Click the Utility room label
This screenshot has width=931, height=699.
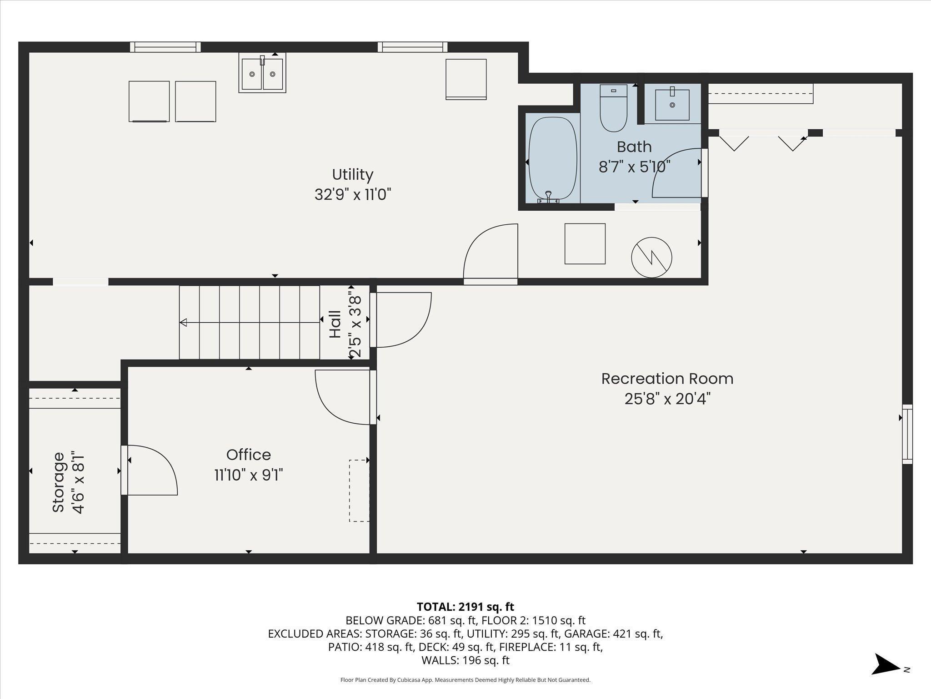(353, 175)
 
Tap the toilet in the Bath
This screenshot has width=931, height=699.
(613, 108)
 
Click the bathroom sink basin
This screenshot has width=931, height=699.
(672, 105)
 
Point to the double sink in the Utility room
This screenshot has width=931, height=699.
(262, 73)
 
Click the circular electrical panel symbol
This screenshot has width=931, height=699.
(651, 257)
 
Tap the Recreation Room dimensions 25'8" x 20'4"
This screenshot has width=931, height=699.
(667, 399)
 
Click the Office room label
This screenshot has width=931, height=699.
(249, 455)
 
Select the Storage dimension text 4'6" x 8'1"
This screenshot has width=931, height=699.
(79, 482)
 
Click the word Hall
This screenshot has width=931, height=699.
(335, 324)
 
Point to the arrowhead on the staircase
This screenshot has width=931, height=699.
(183, 323)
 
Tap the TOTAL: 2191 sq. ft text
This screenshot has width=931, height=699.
(465, 607)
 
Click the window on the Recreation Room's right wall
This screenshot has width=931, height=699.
(907, 434)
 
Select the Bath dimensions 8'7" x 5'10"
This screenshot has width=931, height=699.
(635, 167)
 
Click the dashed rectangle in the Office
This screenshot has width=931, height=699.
(359, 491)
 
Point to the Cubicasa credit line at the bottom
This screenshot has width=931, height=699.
(465, 680)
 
